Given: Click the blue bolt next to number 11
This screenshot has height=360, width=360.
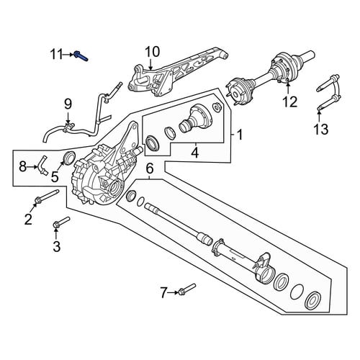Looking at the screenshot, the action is pyautogui.click(x=81, y=56).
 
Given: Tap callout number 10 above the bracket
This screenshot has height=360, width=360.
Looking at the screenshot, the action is pyautogui.click(x=152, y=52).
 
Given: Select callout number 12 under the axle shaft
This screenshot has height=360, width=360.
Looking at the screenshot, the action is pyautogui.click(x=290, y=102).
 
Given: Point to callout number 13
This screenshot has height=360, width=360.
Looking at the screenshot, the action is pyautogui.click(x=321, y=129).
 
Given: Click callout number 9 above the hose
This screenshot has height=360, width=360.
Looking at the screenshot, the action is pyautogui.click(x=68, y=104).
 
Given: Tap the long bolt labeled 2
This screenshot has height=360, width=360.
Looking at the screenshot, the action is pyautogui.click(x=47, y=197).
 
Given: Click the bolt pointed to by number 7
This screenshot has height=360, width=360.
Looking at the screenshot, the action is pyautogui.click(x=187, y=289).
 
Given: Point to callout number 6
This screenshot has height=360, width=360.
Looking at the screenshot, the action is pyautogui.click(x=149, y=168).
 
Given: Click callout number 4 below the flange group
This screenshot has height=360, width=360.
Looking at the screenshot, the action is pyautogui.click(x=195, y=153).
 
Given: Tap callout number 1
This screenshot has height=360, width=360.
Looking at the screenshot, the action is pyautogui.click(x=240, y=135).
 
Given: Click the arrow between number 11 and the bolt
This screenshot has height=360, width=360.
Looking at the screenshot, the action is pyautogui.click(x=68, y=55).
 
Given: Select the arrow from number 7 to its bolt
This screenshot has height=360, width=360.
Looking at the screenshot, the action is pyautogui.click(x=173, y=292).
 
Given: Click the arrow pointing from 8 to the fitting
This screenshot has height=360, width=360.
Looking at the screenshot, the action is pyautogui.click(x=32, y=166).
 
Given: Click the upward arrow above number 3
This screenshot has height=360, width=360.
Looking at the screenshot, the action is pyautogui.click(x=56, y=233).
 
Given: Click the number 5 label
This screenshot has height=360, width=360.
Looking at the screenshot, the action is pyautogui.click(x=55, y=177).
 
